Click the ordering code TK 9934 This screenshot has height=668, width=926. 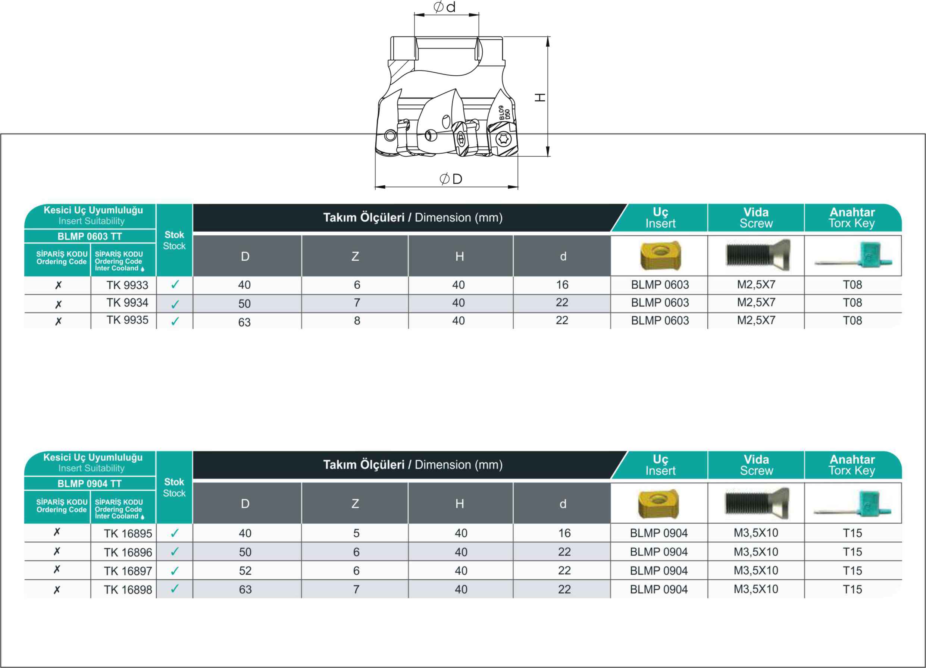point(127,303)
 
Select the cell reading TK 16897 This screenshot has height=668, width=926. point(128,571)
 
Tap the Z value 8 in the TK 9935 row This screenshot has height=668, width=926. point(357,321)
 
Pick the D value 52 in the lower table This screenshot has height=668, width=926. point(245,571)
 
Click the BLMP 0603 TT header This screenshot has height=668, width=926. point(90,236)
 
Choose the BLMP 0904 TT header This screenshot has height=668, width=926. point(90,483)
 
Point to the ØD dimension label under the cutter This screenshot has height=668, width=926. point(451,179)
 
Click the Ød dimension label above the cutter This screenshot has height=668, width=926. point(445,7)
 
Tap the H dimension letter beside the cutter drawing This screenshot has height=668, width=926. point(540,97)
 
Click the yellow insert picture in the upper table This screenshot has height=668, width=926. point(660,256)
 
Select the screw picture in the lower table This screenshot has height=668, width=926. point(757,504)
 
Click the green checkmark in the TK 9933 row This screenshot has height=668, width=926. point(175,285)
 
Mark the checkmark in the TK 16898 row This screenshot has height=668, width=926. point(175,589)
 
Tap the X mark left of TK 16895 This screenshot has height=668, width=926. point(57,532)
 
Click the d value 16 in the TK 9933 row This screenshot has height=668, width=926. point(562,285)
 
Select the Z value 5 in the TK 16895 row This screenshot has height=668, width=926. point(356,533)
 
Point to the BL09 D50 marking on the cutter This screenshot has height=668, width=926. point(505,113)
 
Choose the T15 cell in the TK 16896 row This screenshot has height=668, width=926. point(853,552)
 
